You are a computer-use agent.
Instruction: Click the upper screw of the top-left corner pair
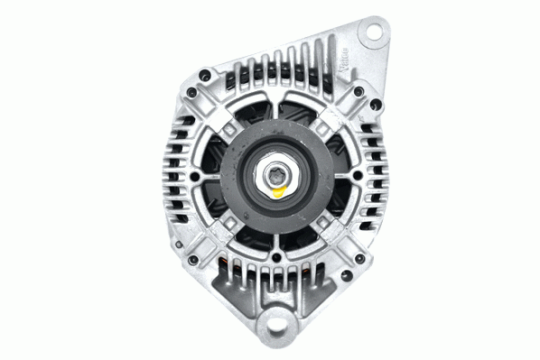point(206,72)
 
